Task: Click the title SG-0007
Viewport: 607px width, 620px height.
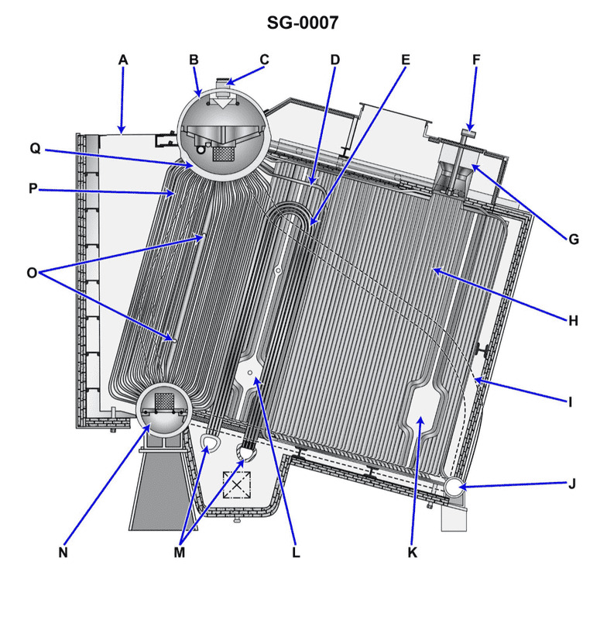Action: (303, 23)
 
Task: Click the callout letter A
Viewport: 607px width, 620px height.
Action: (122, 60)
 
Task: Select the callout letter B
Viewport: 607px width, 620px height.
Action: (194, 60)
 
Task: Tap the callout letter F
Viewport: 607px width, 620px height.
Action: (475, 60)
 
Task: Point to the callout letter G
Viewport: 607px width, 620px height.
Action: (573, 239)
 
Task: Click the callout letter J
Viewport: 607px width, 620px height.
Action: (573, 485)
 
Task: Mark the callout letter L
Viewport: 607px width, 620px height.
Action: (296, 553)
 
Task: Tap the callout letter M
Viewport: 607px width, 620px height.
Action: (180, 553)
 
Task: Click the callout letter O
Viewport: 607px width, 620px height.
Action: (32, 272)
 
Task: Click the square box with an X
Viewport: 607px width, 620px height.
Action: (236, 484)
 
